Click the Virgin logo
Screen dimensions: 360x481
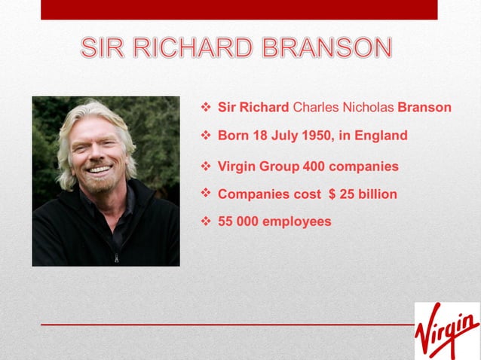click(446, 330)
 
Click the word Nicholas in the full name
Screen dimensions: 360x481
click(367, 108)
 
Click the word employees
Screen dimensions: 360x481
click(296, 222)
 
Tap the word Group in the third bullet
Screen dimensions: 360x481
click(279, 166)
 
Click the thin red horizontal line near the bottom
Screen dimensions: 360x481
click(226, 325)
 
